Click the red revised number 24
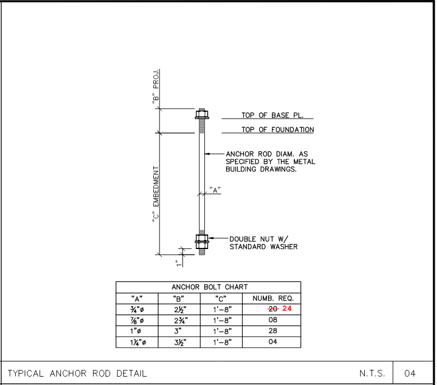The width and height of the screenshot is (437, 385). pyautogui.click(x=287, y=308)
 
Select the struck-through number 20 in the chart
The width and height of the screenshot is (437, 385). pyautogui.click(x=273, y=309)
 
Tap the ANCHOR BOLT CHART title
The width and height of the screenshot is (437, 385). pyautogui.click(x=210, y=287)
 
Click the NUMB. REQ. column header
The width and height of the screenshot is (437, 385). pyautogui.click(x=273, y=299)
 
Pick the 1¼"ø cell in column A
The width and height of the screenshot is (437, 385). pyautogui.click(x=138, y=342)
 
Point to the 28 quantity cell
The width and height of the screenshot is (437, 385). pyautogui.click(x=273, y=331)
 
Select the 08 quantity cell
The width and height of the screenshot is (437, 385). pyautogui.click(x=273, y=320)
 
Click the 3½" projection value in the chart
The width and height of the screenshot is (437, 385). pyautogui.click(x=180, y=342)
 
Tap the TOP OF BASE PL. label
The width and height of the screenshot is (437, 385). pyautogui.click(x=272, y=115)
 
